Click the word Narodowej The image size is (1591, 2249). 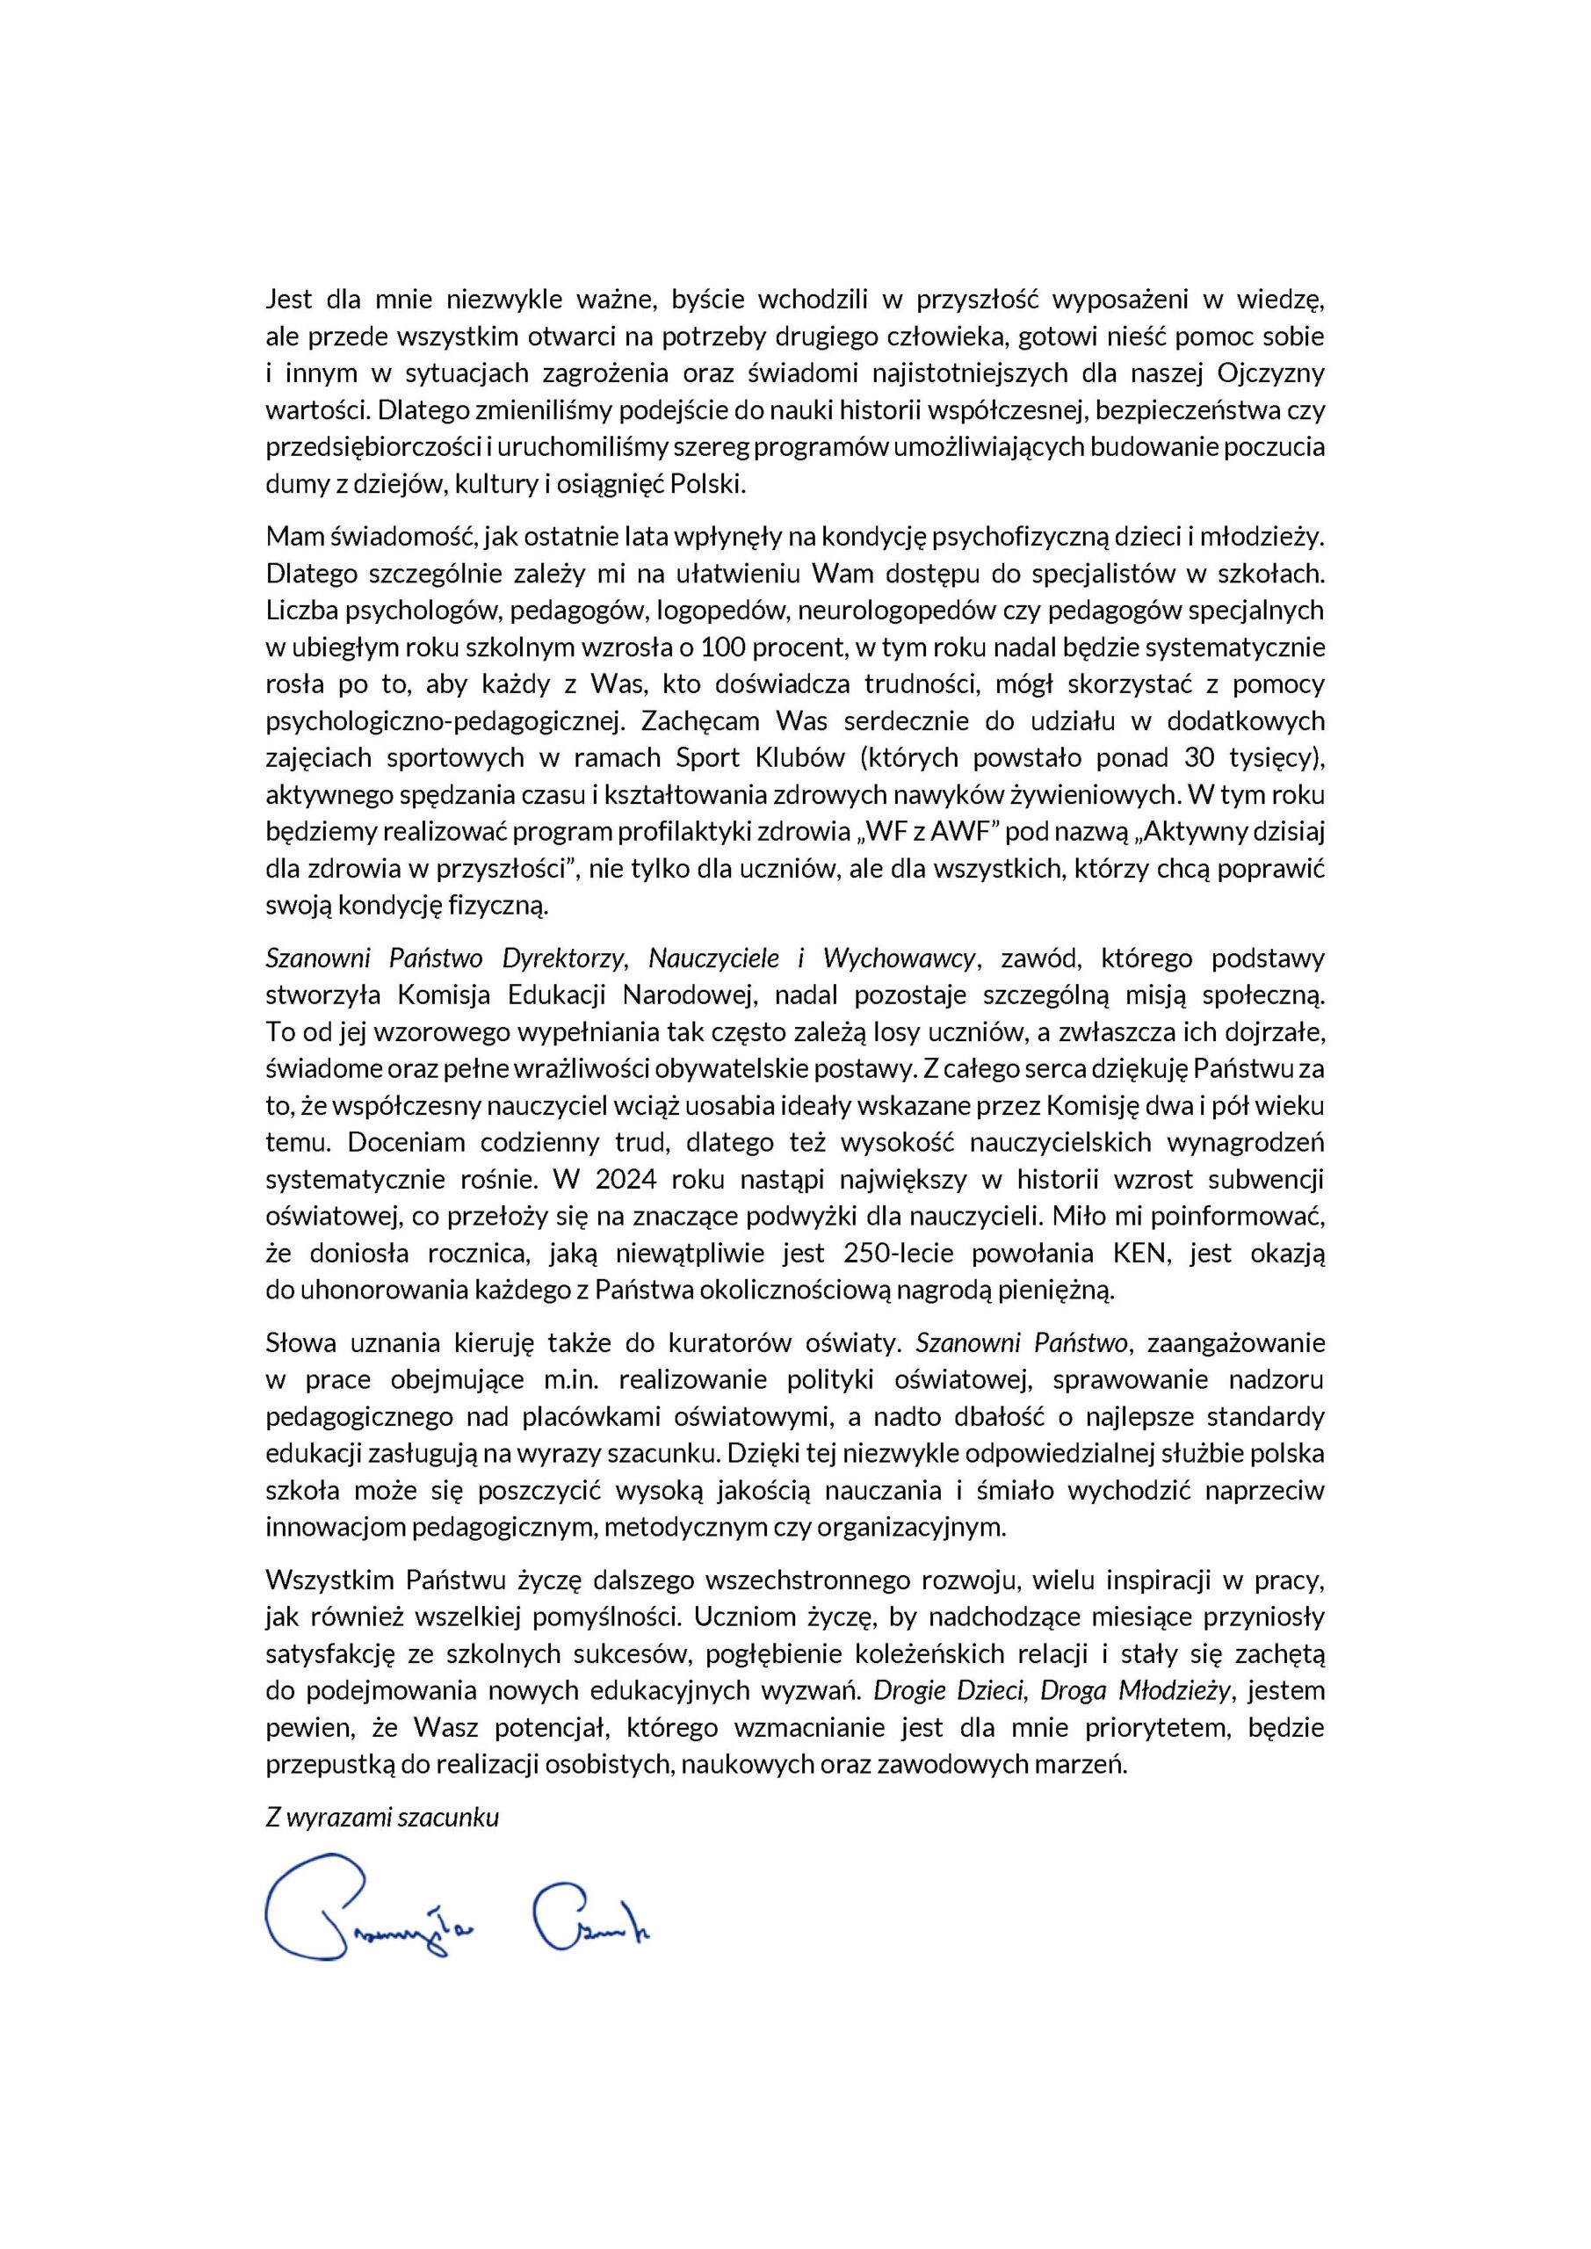[x=689, y=995]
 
